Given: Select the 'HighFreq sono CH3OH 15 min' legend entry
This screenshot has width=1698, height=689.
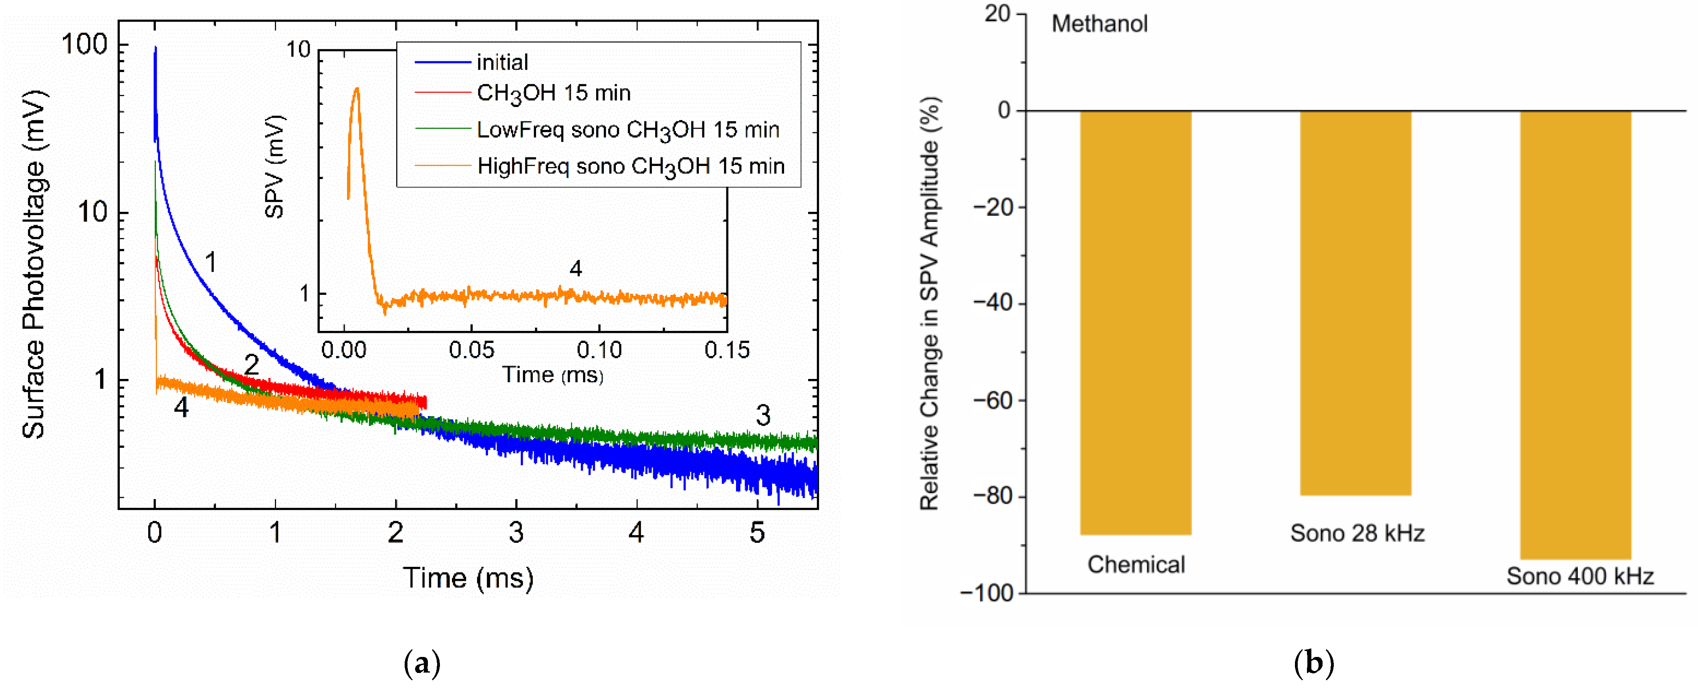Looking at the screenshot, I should pos(630,166).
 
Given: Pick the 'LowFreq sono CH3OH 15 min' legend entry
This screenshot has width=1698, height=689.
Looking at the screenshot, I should pos(627,130).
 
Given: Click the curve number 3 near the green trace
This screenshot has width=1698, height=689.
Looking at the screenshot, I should pos(762,415).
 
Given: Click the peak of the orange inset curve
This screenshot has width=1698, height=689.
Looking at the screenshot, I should pos(357,89).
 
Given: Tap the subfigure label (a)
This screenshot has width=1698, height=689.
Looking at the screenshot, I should pos(422,663).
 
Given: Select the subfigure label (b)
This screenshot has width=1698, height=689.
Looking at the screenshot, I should pos(1314,663).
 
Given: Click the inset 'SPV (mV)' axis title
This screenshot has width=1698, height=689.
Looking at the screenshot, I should pos(274,166).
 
